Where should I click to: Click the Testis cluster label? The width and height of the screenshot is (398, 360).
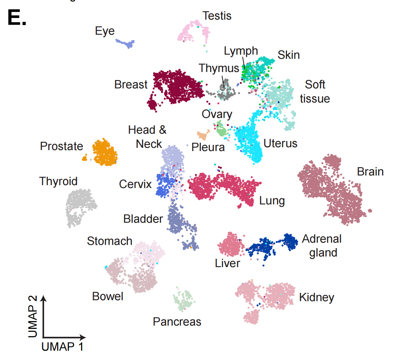pos(217,16)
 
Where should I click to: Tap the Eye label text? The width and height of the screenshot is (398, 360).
pos(105,31)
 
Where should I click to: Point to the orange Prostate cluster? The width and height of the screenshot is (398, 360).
pos(105,153)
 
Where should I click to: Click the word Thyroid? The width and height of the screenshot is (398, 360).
pos(58,181)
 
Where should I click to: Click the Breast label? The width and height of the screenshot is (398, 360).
pos(131,85)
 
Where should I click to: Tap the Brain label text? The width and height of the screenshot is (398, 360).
pos(370,172)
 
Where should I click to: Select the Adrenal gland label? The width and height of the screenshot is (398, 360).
pos(322,246)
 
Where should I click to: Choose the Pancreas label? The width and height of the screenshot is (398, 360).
pos(177,322)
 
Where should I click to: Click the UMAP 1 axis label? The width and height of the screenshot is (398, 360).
pos(62,347)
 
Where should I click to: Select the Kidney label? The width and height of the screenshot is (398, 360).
pos(316,297)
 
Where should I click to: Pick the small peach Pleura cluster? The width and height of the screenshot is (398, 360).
pos(203,135)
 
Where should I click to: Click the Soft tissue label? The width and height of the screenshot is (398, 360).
pos(315,92)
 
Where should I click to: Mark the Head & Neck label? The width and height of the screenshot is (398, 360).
pos(148,137)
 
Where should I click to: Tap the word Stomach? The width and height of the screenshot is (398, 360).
pos(109,241)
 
